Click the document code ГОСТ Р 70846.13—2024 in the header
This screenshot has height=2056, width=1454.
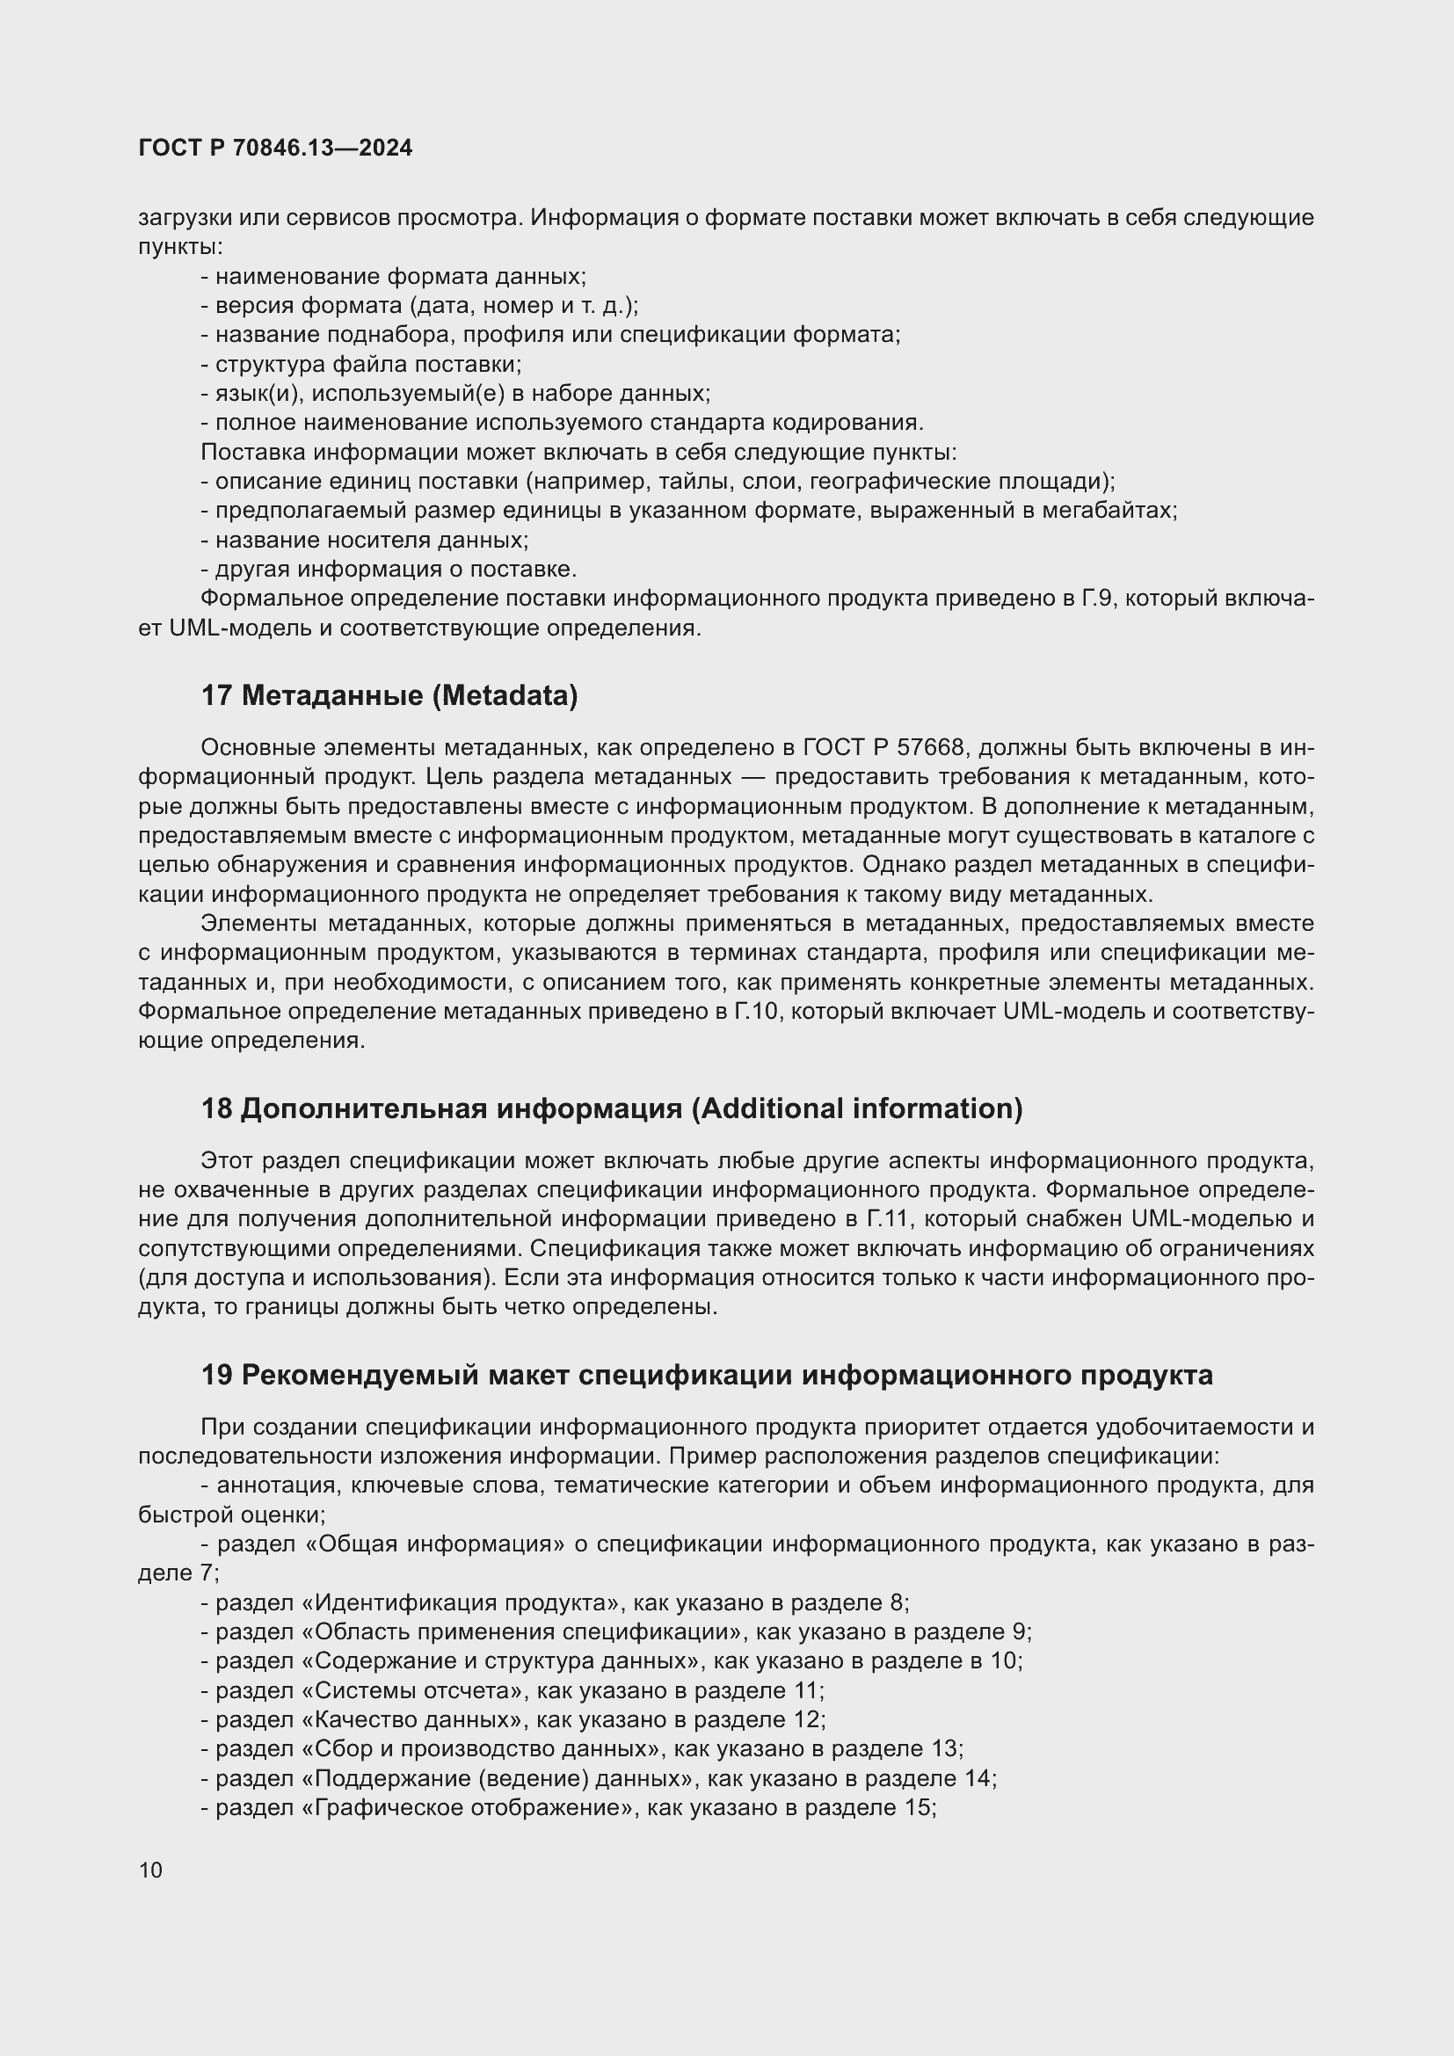tap(276, 149)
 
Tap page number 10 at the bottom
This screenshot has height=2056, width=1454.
tap(150, 1870)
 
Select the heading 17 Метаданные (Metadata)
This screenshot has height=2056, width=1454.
tap(389, 696)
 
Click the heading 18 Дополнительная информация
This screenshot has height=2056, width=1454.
tap(612, 1108)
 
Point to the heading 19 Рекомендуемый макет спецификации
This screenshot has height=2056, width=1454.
tap(708, 1375)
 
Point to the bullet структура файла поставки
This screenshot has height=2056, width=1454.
tap(368, 365)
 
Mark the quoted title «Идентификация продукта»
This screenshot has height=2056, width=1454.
tap(463, 1603)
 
